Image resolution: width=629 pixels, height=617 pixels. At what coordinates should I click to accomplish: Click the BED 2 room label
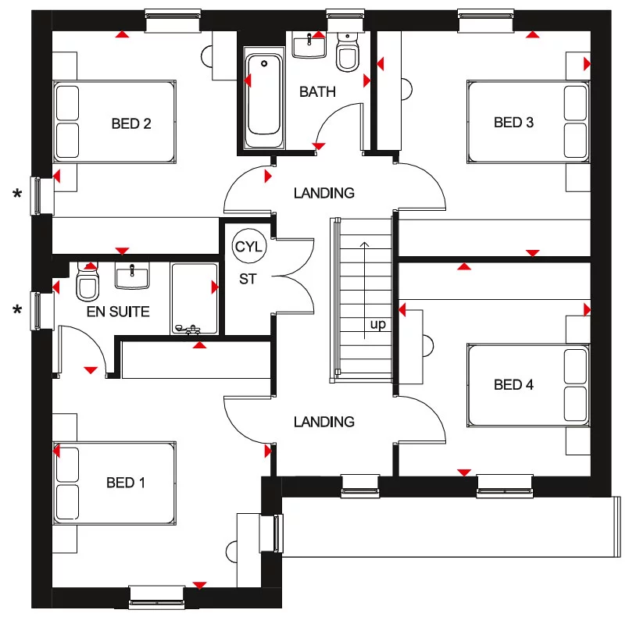pyautogui.click(x=130, y=123)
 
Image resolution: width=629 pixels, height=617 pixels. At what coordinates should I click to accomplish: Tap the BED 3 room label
pyautogui.click(x=513, y=123)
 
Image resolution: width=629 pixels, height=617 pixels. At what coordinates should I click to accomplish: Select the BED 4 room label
pyautogui.click(x=513, y=385)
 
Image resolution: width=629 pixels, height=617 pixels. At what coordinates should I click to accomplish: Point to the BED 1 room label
pyautogui.click(x=126, y=483)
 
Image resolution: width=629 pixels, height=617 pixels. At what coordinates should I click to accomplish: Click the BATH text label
pyautogui.click(x=317, y=92)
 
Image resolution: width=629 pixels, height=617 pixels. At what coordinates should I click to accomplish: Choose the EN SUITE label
pyautogui.click(x=118, y=312)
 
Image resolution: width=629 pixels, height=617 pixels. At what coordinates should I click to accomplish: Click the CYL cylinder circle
pyautogui.click(x=249, y=248)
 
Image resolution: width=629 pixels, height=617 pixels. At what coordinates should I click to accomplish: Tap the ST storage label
pyautogui.click(x=248, y=279)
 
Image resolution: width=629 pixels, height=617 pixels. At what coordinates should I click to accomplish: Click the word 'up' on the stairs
pyautogui.click(x=378, y=324)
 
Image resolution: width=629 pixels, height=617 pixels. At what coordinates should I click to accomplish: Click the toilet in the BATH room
pyautogui.click(x=346, y=53)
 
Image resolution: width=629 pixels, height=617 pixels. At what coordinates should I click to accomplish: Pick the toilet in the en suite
pyautogui.click(x=88, y=286)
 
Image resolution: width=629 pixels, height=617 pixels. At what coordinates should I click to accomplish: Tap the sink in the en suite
pyautogui.click(x=131, y=276)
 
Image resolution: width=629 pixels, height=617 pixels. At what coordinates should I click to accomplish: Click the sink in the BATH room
pyautogui.click(x=309, y=45)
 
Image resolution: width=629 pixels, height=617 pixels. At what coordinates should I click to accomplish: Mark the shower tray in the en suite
pyautogui.click(x=194, y=299)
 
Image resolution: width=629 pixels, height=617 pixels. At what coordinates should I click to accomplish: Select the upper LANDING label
pyautogui.click(x=323, y=193)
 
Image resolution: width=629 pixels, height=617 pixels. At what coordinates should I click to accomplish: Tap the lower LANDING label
pyautogui.click(x=323, y=422)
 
